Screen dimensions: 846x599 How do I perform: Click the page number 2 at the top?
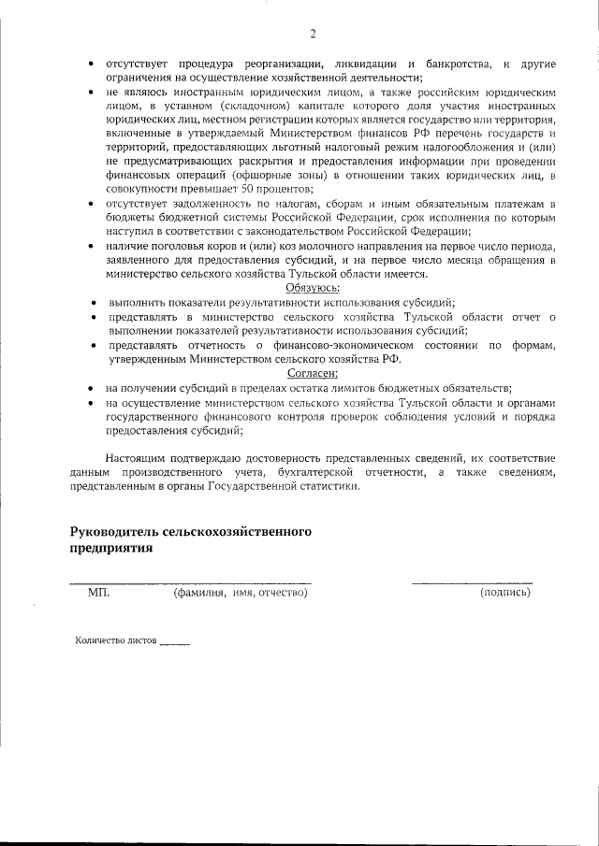[x=314, y=35]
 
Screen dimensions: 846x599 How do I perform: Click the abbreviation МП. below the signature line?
[x=98, y=593]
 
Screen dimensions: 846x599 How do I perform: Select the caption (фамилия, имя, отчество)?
[x=241, y=593]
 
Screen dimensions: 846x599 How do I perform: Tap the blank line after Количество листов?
[x=175, y=644]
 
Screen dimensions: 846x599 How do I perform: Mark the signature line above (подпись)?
[x=472, y=582]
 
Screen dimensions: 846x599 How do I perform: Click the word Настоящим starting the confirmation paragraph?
[x=137, y=458]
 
